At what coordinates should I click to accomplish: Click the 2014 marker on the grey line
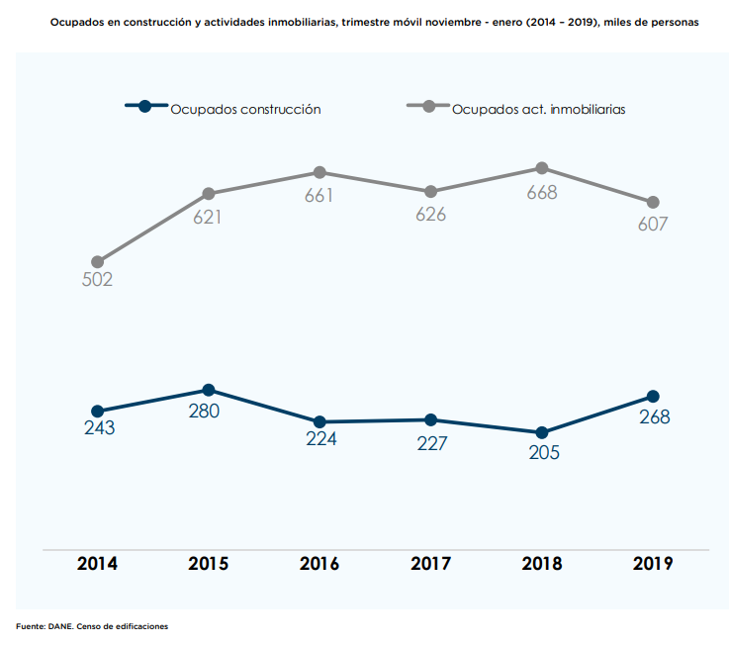coord(97,261)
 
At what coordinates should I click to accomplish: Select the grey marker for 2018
coord(542,168)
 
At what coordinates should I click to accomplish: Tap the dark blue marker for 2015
coord(209,390)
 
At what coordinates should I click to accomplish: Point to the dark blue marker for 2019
coord(653,396)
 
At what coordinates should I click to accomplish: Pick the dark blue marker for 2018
coord(542,432)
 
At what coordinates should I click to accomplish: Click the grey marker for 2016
coord(319,172)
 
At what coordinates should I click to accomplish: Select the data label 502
coord(97,280)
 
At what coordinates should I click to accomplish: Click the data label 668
coord(542,193)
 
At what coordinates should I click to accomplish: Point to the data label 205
coord(544,453)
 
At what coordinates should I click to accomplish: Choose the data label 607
coord(653,225)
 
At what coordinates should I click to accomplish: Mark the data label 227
coord(431,444)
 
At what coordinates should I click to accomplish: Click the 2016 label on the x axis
coord(319,564)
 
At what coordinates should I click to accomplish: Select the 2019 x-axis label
coord(653,564)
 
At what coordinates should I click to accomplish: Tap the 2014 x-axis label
coord(97,564)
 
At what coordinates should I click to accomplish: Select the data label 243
coord(99,429)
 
